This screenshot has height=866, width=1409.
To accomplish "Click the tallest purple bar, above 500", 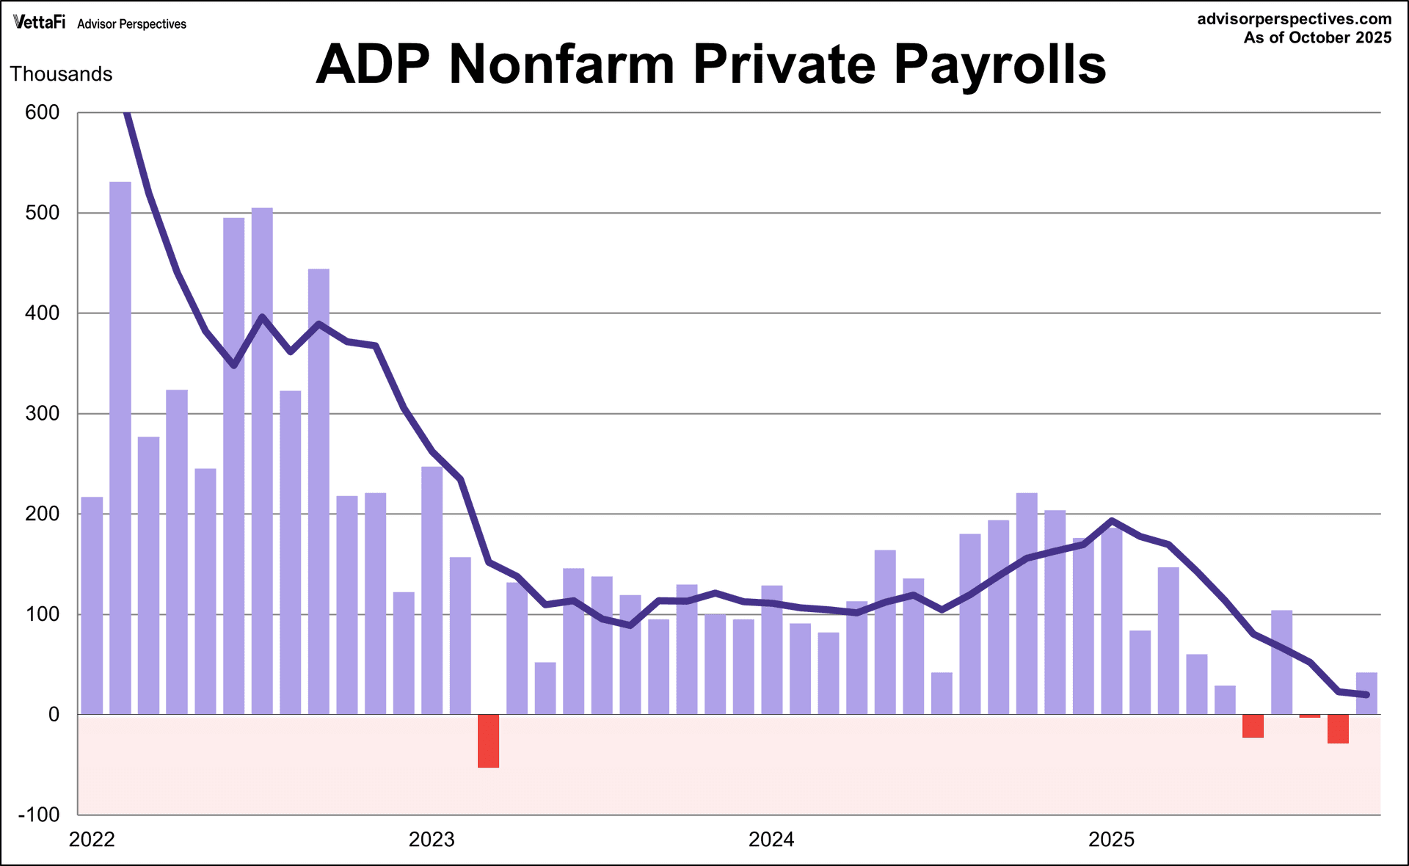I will (120, 448).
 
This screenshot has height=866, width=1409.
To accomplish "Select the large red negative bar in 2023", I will (488, 741).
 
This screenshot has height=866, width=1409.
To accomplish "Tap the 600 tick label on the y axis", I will (42, 112).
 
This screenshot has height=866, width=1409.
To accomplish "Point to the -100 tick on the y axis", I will (39, 815).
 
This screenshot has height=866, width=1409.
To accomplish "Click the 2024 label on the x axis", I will (771, 840).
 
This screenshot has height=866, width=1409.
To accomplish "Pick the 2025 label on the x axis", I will (1111, 840).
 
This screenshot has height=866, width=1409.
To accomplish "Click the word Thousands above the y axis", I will (61, 74).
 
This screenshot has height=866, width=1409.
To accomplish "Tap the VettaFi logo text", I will (39, 22).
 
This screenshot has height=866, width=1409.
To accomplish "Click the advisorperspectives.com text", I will (1294, 19).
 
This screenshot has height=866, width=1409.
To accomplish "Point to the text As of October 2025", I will (1317, 38).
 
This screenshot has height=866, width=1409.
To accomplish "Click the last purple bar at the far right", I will (1366, 694).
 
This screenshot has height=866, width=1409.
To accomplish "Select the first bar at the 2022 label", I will (92, 605).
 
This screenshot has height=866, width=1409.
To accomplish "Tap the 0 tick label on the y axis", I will (54, 715).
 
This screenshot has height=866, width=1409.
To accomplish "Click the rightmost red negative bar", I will (1338, 729).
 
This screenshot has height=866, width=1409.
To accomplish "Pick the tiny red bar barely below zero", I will (1309, 716).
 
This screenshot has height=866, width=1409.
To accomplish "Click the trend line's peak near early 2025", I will (1113, 521).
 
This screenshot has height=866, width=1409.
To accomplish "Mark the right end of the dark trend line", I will (1366, 694).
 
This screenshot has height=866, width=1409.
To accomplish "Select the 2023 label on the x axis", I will (432, 840).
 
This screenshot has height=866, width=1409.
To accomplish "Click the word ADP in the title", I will (373, 65).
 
